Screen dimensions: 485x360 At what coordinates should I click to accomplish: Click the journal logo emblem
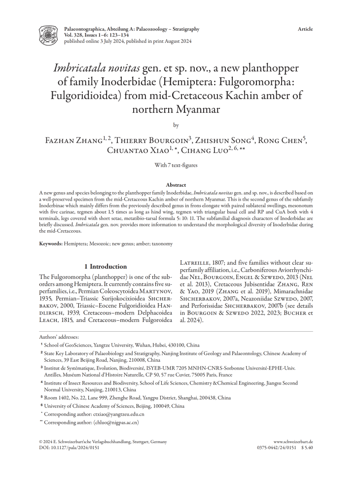pyautogui.click(x=48, y=35)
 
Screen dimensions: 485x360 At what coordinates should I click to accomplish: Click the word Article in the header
pyautogui.click(x=305, y=29)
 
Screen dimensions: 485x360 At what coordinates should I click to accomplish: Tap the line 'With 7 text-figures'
pyautogui.click(x=180, y=165)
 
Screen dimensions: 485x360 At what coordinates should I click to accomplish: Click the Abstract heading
pyautogui.click(x=180, y=183)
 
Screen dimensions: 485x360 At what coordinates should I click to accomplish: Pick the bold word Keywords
pyautogui.click(x=51, y=243)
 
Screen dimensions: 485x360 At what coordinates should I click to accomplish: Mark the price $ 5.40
pyautogui.click(x=306, y=448)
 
